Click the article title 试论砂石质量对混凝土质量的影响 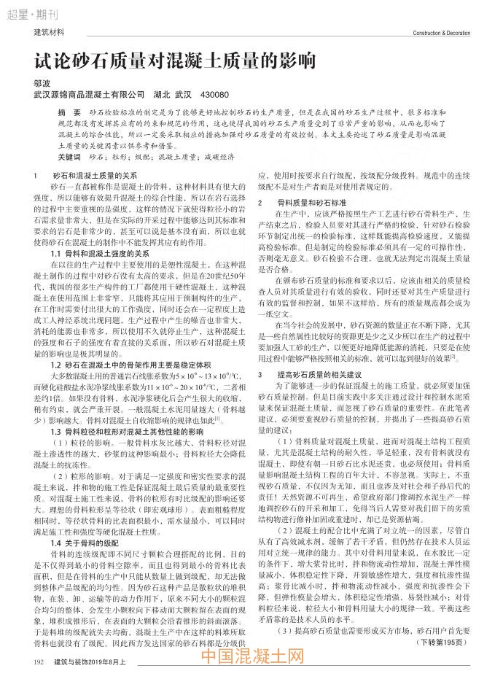click(174, 61)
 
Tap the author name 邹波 click(42, 83)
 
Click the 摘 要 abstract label click(69, 114)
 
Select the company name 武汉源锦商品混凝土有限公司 click(89, 95)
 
